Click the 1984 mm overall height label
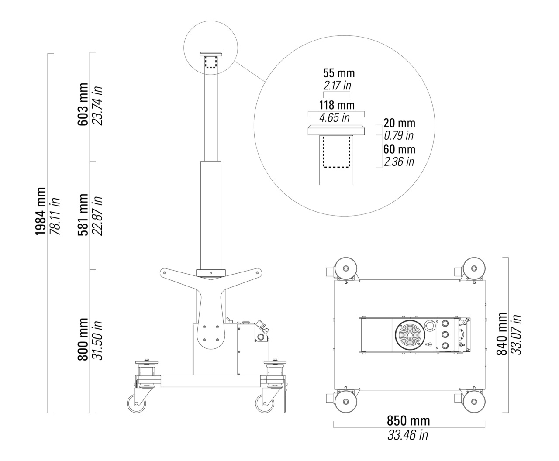click(x=41, y=211)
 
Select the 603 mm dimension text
click(x=83, y=104)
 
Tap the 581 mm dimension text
click(x=83, y=215)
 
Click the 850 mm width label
click(x=408, y=421)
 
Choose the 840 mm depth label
click(x=502, y=334)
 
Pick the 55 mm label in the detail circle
click(x=338, y=73)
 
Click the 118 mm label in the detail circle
click(x=337, y=105)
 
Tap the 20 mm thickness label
click(x=399, y=123)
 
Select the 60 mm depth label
click(x=399, y=149)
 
